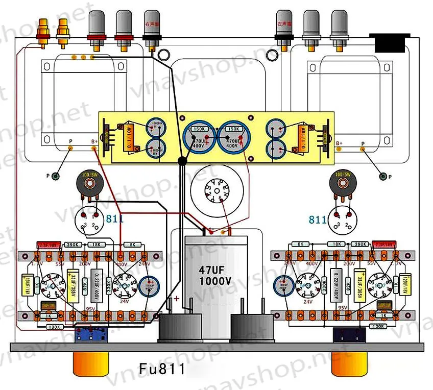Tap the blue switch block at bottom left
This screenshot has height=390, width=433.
[91, 335]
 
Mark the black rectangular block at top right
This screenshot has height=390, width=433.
[392, 43]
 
